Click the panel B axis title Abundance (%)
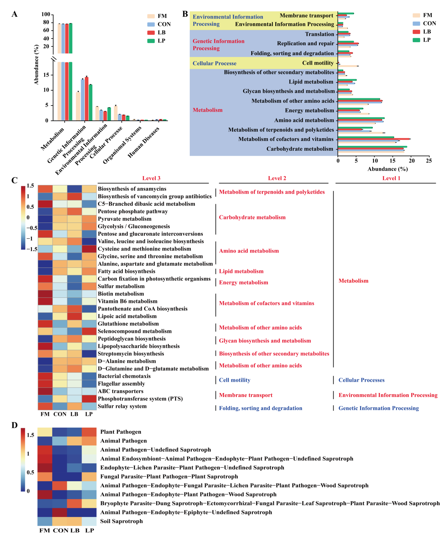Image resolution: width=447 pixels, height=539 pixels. pos(387,169)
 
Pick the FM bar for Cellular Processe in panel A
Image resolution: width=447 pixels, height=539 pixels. pos(116,113)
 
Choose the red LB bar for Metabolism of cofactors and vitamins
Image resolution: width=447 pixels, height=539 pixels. pos(373,139)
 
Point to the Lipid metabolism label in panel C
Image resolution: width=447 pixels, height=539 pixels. pos(241,271)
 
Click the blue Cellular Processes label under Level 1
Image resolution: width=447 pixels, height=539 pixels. pos(361,380)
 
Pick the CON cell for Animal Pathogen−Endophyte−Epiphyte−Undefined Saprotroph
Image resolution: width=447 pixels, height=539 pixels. pos(60,512)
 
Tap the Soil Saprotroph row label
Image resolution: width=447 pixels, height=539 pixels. pos(121,521)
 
